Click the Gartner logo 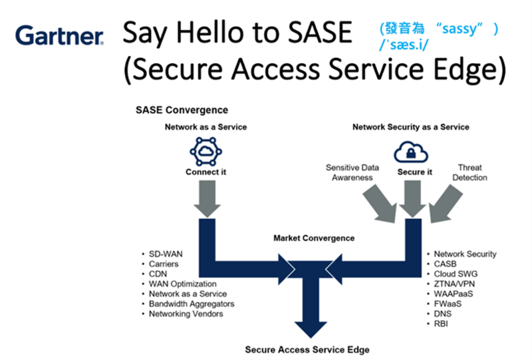pos(59,35)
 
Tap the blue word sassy pos(460,29)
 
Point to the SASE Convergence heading pos(182,110)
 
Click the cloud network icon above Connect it pos(206,152)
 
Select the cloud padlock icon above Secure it pos(411,152)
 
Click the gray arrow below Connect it pos(207,199)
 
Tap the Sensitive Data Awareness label pos(352,172)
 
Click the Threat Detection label pos(469,172)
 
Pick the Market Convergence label pos(314,238)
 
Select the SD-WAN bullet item pos(166,254)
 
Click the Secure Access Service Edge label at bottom pos(307,350)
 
